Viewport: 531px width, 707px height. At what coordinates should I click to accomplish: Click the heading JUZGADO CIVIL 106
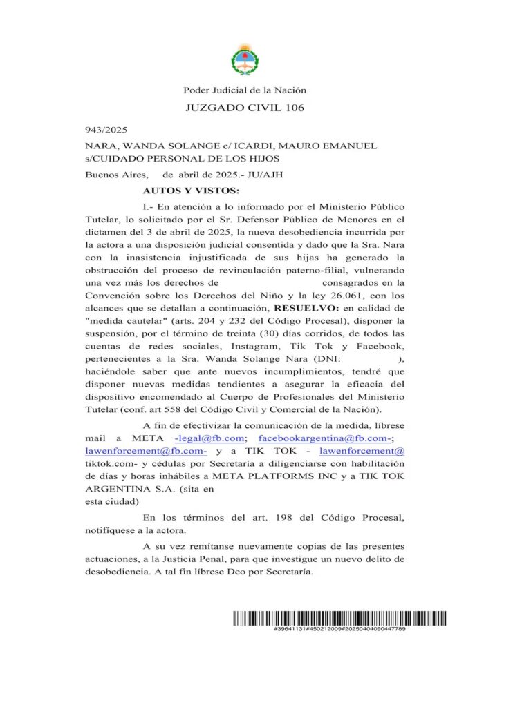tap(245, 108)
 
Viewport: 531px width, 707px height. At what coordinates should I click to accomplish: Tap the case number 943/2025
tap(106, 130)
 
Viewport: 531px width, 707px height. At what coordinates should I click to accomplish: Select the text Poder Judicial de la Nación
tap(244, 90)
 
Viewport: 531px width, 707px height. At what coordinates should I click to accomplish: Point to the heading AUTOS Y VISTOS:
tap(191, 189)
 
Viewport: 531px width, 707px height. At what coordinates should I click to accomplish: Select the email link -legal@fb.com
tap(209, 438)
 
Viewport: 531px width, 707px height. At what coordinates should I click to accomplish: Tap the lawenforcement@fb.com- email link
tap(146, 451)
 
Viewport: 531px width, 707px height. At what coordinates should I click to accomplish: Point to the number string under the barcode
tap(339, 630)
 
